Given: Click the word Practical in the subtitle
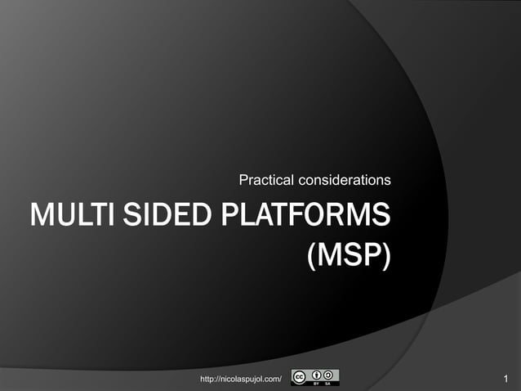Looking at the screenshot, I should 265,179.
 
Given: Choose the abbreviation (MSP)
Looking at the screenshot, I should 350,256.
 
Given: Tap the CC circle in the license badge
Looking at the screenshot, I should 300,377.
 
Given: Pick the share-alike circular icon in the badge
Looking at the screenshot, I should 328,375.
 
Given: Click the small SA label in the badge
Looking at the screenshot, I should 328,383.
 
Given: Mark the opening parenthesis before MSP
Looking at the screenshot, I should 312,256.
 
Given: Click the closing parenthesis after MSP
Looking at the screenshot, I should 386,256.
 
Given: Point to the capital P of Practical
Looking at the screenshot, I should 242,179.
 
